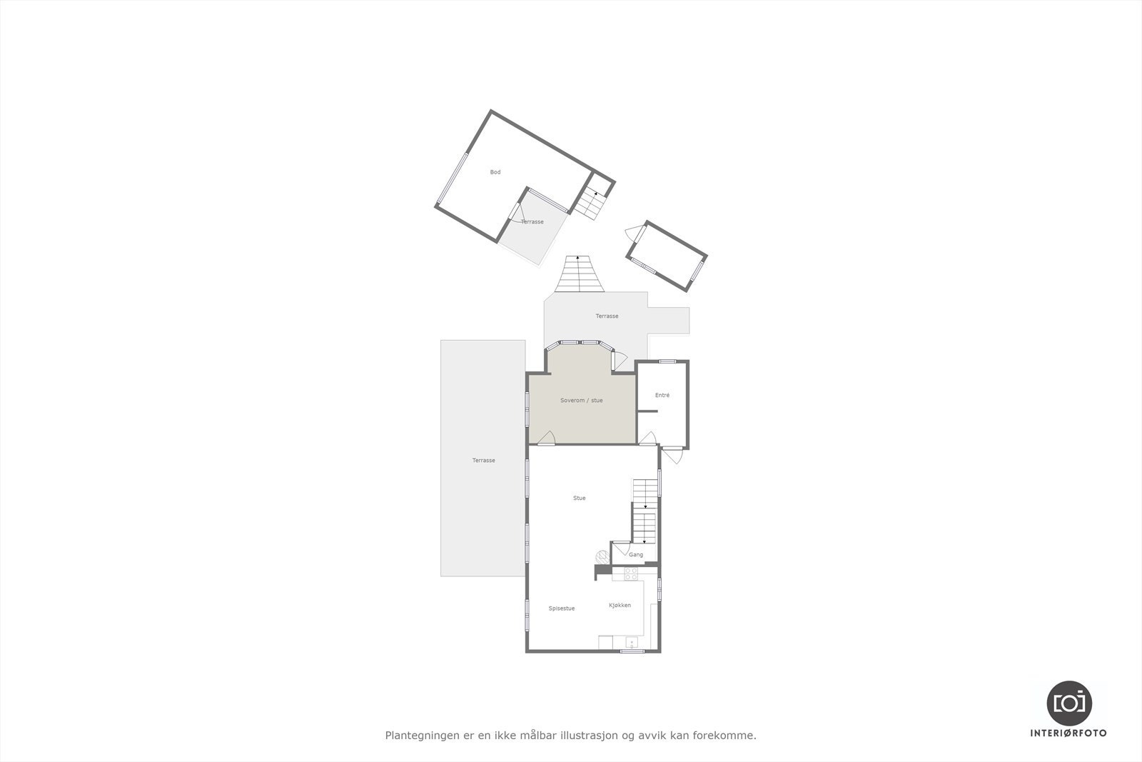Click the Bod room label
(x=495, y=172)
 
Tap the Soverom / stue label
(x=581, y=401)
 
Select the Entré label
(x=662, y=395)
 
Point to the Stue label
(x=579, y=498)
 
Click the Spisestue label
(x=561, y=608)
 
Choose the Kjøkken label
(x=620, y=606)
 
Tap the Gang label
(x=636, y=554)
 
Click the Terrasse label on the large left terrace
(x=483, y=461)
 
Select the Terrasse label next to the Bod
(x=532, y=222)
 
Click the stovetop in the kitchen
(x=631, y=572)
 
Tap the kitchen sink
(x=631, y=643)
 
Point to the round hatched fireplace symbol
(x=599, y=557)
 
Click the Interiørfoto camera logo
(x=1069, y=703)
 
